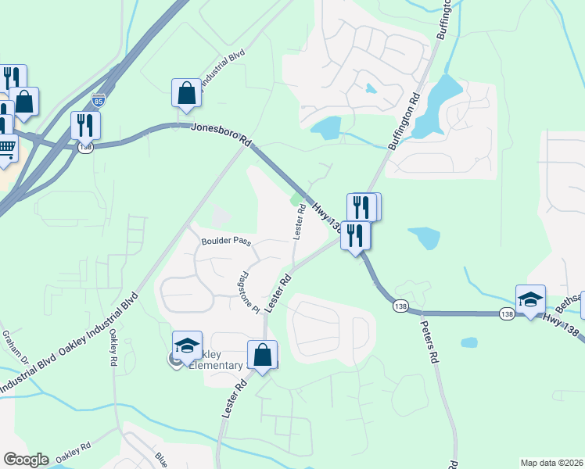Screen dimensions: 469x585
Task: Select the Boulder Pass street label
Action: (226, 242)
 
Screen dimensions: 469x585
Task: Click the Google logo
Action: (25, 460)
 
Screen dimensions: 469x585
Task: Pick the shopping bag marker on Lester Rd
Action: (263, 355)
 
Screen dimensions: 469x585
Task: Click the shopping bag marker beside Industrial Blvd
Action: (188, 93)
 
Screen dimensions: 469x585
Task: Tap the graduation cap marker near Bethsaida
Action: (530, 299)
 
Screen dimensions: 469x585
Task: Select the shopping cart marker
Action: (5, 146)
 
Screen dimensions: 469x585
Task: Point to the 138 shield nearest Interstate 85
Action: (85, 147)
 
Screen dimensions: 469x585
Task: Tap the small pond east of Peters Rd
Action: (469, 342)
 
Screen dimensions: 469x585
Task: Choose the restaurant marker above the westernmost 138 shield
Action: (85, 125)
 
